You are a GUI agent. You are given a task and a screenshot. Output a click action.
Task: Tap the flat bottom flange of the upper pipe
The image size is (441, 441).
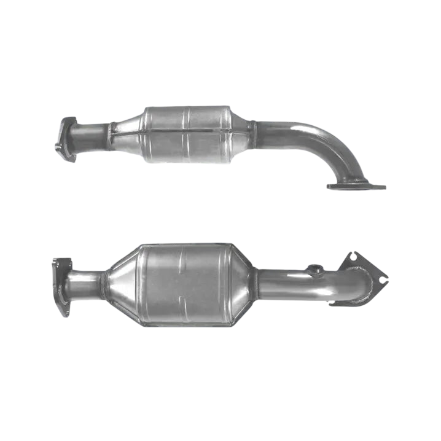pos(356,185)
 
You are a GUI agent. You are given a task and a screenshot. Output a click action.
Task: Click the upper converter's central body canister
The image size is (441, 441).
pos(187,135)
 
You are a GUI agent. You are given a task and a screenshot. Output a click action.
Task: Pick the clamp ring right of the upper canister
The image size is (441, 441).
pos(252,135)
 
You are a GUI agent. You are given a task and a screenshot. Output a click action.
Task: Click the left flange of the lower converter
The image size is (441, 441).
pos(62,286)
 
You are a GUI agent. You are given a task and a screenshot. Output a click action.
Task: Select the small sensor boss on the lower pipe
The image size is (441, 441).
pos(314,269)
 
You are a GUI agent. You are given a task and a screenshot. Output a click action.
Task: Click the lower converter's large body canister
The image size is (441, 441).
pos(184,284)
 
